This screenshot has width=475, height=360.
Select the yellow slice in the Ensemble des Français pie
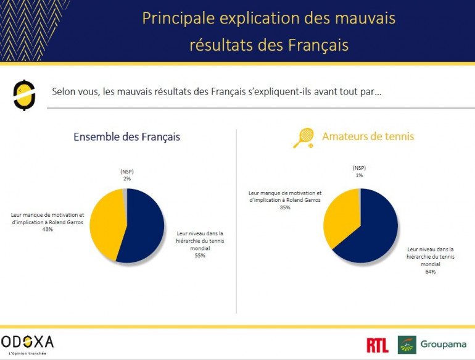pos(106,222)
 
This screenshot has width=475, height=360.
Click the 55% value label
pos(199,255)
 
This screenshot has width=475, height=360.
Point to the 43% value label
pos(47,229)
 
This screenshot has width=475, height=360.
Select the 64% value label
pos(430,272)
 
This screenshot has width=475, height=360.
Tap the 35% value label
pos(285,207)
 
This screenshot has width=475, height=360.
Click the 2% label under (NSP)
pos(126,178)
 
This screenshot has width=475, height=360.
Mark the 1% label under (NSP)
pos(359,175)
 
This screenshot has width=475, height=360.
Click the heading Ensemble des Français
pos(126,137)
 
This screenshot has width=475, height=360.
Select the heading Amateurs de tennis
pos(368,136)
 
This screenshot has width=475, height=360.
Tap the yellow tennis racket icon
pos(303,137)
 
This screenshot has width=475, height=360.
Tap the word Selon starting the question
pos(66,92)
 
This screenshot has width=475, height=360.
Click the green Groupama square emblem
pos(407,345)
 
